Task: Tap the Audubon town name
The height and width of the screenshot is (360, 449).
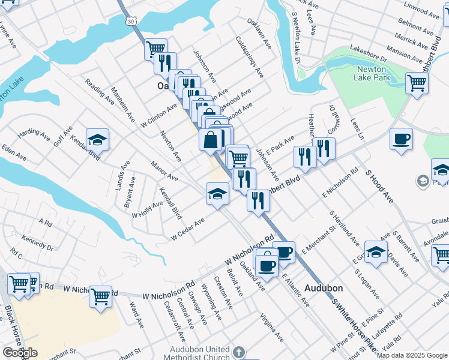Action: click(323, 288)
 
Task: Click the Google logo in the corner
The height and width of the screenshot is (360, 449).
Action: click(20, 353)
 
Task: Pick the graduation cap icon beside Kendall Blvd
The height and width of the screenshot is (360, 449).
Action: click(97, 140)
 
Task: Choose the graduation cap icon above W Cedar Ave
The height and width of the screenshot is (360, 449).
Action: click(217, 193)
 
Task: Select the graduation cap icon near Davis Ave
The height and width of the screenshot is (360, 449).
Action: click(376, 253)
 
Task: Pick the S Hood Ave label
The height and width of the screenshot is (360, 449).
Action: click(379, 186)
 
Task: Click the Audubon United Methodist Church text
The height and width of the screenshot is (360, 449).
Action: click(200, 353)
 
